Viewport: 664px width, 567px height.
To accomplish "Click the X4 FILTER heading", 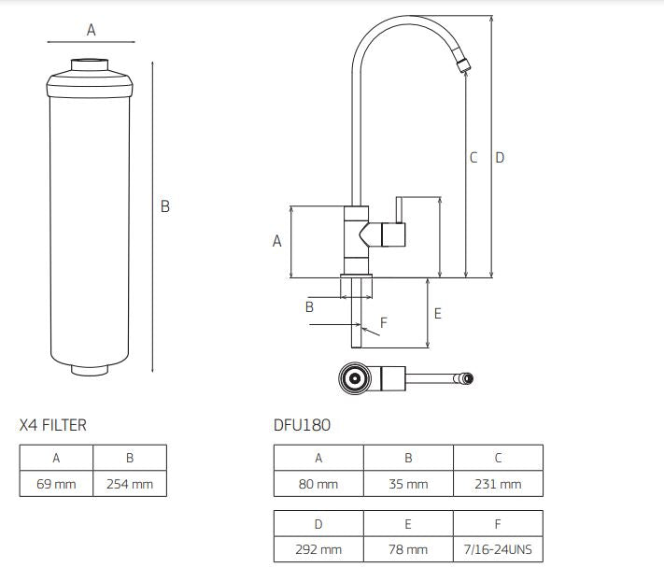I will tap(52, 425).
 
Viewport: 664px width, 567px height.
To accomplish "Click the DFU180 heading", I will tap(302, 425).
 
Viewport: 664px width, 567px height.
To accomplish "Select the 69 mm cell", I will tap(57, 484).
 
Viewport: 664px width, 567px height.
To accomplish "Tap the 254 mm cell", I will tap(130, 484).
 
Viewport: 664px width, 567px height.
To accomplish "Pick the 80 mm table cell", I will tap(318, 484).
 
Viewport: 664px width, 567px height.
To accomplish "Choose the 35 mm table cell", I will tap(408, 484).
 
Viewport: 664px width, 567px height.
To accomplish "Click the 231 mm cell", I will tap(498, 484).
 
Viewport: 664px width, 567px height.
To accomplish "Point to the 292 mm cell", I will tap(318, 549).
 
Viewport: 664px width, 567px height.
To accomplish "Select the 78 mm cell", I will tap(408, 549).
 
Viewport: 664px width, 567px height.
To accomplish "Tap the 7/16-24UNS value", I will tap(498, 549).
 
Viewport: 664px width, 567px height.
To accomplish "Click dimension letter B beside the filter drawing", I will tap(165, 206).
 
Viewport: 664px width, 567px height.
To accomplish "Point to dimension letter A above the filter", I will tap(92, 30).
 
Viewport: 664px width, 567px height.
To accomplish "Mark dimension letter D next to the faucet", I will tap(500, 158).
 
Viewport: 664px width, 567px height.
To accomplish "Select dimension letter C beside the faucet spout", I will tap(473, 158).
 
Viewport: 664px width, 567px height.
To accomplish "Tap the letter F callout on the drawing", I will tap(384, 322).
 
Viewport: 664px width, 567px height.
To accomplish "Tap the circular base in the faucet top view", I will tap(355, 378).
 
